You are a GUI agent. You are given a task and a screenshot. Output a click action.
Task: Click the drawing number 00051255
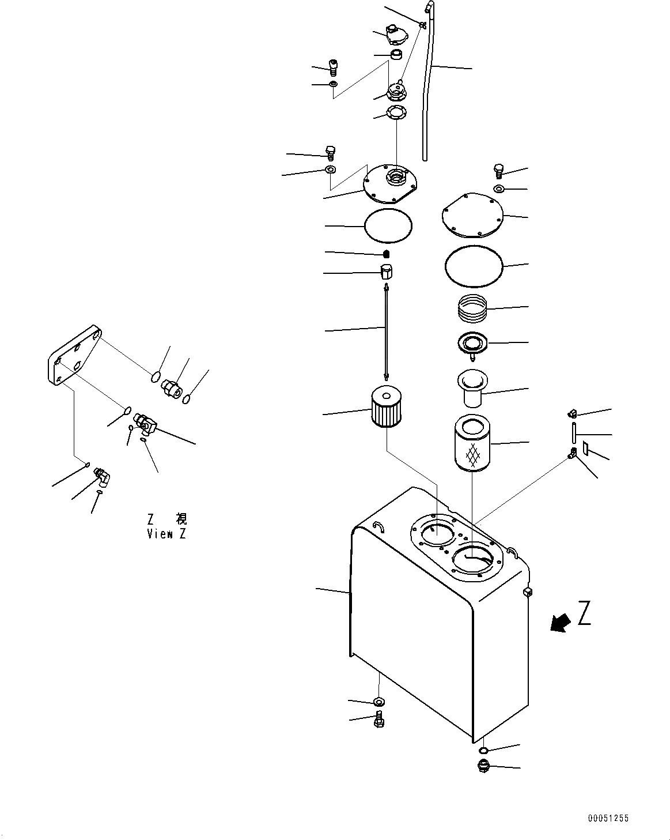pos(608,819)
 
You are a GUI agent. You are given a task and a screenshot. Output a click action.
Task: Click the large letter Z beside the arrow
pos(584,613)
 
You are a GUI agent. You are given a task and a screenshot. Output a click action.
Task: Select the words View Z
pos(166,534)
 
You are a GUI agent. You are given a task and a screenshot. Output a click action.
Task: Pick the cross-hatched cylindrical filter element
pos(472,445)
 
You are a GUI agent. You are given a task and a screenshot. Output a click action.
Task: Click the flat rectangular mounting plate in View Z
pos(74,357)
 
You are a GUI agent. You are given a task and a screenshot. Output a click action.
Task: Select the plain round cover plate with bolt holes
pos(472,215)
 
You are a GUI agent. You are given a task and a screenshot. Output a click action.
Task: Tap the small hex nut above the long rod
pos(387,271)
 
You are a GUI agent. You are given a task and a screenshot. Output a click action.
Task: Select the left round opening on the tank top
pos(437,535)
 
